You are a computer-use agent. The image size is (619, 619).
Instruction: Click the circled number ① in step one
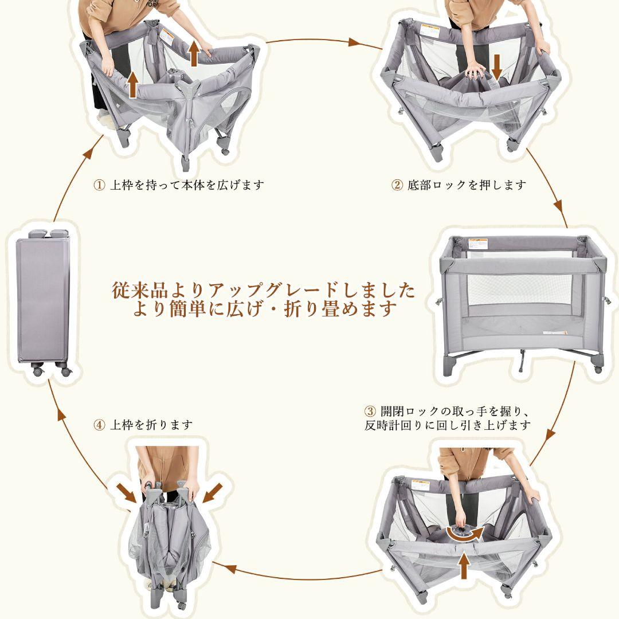coord(99,185)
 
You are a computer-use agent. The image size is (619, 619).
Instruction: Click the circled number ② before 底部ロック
coord(397,185)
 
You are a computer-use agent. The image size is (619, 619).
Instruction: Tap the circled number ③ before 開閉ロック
coord(370,412)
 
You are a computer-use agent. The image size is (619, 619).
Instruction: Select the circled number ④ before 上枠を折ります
coord(99,425)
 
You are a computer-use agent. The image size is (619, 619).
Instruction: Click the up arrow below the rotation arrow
coord(463,566)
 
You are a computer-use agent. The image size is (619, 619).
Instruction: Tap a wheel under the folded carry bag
coord(38,371)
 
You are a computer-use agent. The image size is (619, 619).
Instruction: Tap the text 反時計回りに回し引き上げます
coord(447,426)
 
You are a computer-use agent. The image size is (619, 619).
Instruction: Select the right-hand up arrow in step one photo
coord(194,53)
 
